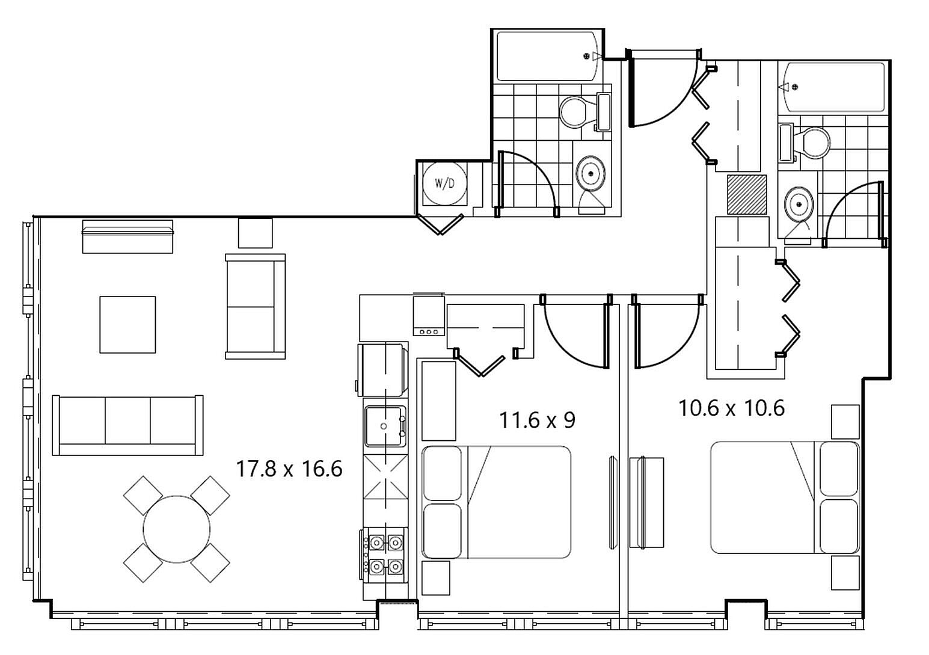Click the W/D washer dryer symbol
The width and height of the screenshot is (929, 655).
click(x=444, y=183)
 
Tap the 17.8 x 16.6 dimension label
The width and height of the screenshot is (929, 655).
click(x=289, y=469)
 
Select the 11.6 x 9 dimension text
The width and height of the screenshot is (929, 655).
click(x=537, y=420)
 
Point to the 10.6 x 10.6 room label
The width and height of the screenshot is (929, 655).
click(x=732, y=408)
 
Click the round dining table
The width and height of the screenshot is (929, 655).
click(x=177, y=529)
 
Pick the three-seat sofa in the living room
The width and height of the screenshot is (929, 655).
click(x=127, y=425)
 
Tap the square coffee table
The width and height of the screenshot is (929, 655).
click(x=127, y=324)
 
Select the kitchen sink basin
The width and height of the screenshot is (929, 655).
click(x=385, y=426)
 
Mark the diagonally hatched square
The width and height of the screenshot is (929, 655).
click(x=747, y=194)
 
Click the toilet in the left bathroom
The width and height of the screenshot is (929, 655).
click(x=585, y=112)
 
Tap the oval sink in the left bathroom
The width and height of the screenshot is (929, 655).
click(x=590, y=174)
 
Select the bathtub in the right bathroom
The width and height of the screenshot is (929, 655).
click(x=831, y=87)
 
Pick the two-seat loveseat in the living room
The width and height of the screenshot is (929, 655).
click(x=255, y=307)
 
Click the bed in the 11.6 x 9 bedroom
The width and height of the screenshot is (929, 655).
click(x=497, y=502)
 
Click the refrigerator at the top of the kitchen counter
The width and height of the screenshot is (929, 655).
click(x=382, y=369)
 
